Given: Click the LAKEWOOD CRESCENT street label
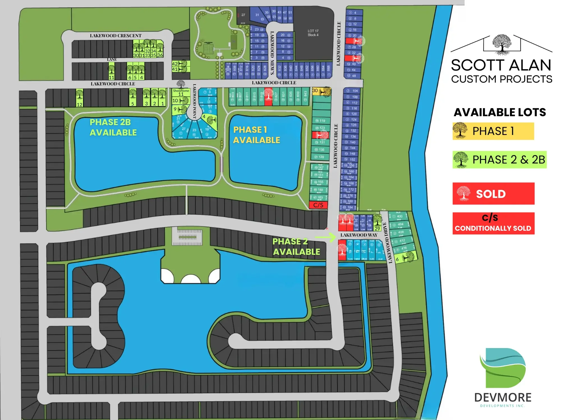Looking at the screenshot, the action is [x=116, y=36].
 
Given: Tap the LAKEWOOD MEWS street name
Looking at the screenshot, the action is [x=272, y=53].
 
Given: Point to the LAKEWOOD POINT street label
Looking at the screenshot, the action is [x=194, y=101].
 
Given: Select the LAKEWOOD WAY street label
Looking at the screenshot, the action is [x=359, y=235].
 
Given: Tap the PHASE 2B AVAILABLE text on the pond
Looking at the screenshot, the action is [x=113, y=127].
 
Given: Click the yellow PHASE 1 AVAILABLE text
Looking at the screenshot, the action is [x=256, y=135].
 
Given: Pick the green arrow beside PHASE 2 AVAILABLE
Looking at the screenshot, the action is [x=326, y=237].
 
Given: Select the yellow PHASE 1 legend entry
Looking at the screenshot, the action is [x=493, y=131].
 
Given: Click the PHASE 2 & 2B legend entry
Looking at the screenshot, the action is [x=499, y=160].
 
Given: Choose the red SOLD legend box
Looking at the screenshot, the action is [x=493, y=194].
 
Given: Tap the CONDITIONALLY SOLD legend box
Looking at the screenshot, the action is [x=493, y=223].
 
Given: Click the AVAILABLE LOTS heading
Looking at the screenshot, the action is [x=500, y=112].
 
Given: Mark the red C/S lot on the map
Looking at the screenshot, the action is [x=318, y=205].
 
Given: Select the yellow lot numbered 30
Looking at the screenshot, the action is [x=321, y=91].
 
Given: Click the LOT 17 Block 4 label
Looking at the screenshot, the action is [x=313, y=33].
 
